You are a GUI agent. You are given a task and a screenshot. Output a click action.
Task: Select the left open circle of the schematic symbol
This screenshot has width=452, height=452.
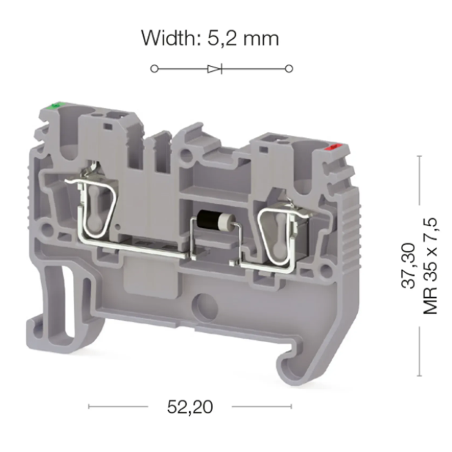pyautogui.click(x=154, y=69)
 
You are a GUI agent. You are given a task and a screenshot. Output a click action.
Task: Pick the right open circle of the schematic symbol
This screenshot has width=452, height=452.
pyautogui.click(x=289, y=69)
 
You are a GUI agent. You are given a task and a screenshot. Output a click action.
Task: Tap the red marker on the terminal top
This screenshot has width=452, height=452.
pyautogui.click(x=333, y=147)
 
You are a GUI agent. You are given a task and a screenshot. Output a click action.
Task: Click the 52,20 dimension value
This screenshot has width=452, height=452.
pyautogui.click(x=190, y=407)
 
